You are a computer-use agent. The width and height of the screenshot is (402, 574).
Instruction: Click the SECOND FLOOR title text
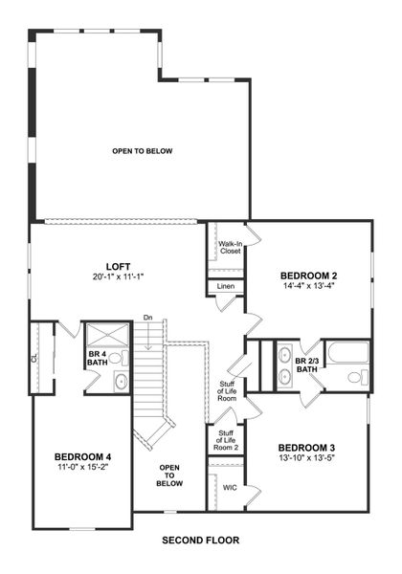pos(200,540)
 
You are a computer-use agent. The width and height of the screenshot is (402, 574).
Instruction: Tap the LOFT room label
pos(118,266)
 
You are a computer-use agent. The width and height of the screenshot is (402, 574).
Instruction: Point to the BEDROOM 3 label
pos(306,447)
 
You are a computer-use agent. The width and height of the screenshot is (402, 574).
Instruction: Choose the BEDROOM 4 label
pos(81,456)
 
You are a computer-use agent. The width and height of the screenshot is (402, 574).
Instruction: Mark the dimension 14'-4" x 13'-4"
pos(309,285)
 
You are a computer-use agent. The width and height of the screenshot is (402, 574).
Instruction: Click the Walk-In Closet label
pos(230,249)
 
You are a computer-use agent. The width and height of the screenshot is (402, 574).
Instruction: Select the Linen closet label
pos(226,286)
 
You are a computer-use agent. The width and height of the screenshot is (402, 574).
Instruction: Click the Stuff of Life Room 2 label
pos(226,441)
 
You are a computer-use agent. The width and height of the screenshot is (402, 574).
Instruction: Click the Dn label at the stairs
pos(148,317)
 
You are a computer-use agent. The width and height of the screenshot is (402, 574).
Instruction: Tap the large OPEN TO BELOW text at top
pos(142,150)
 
